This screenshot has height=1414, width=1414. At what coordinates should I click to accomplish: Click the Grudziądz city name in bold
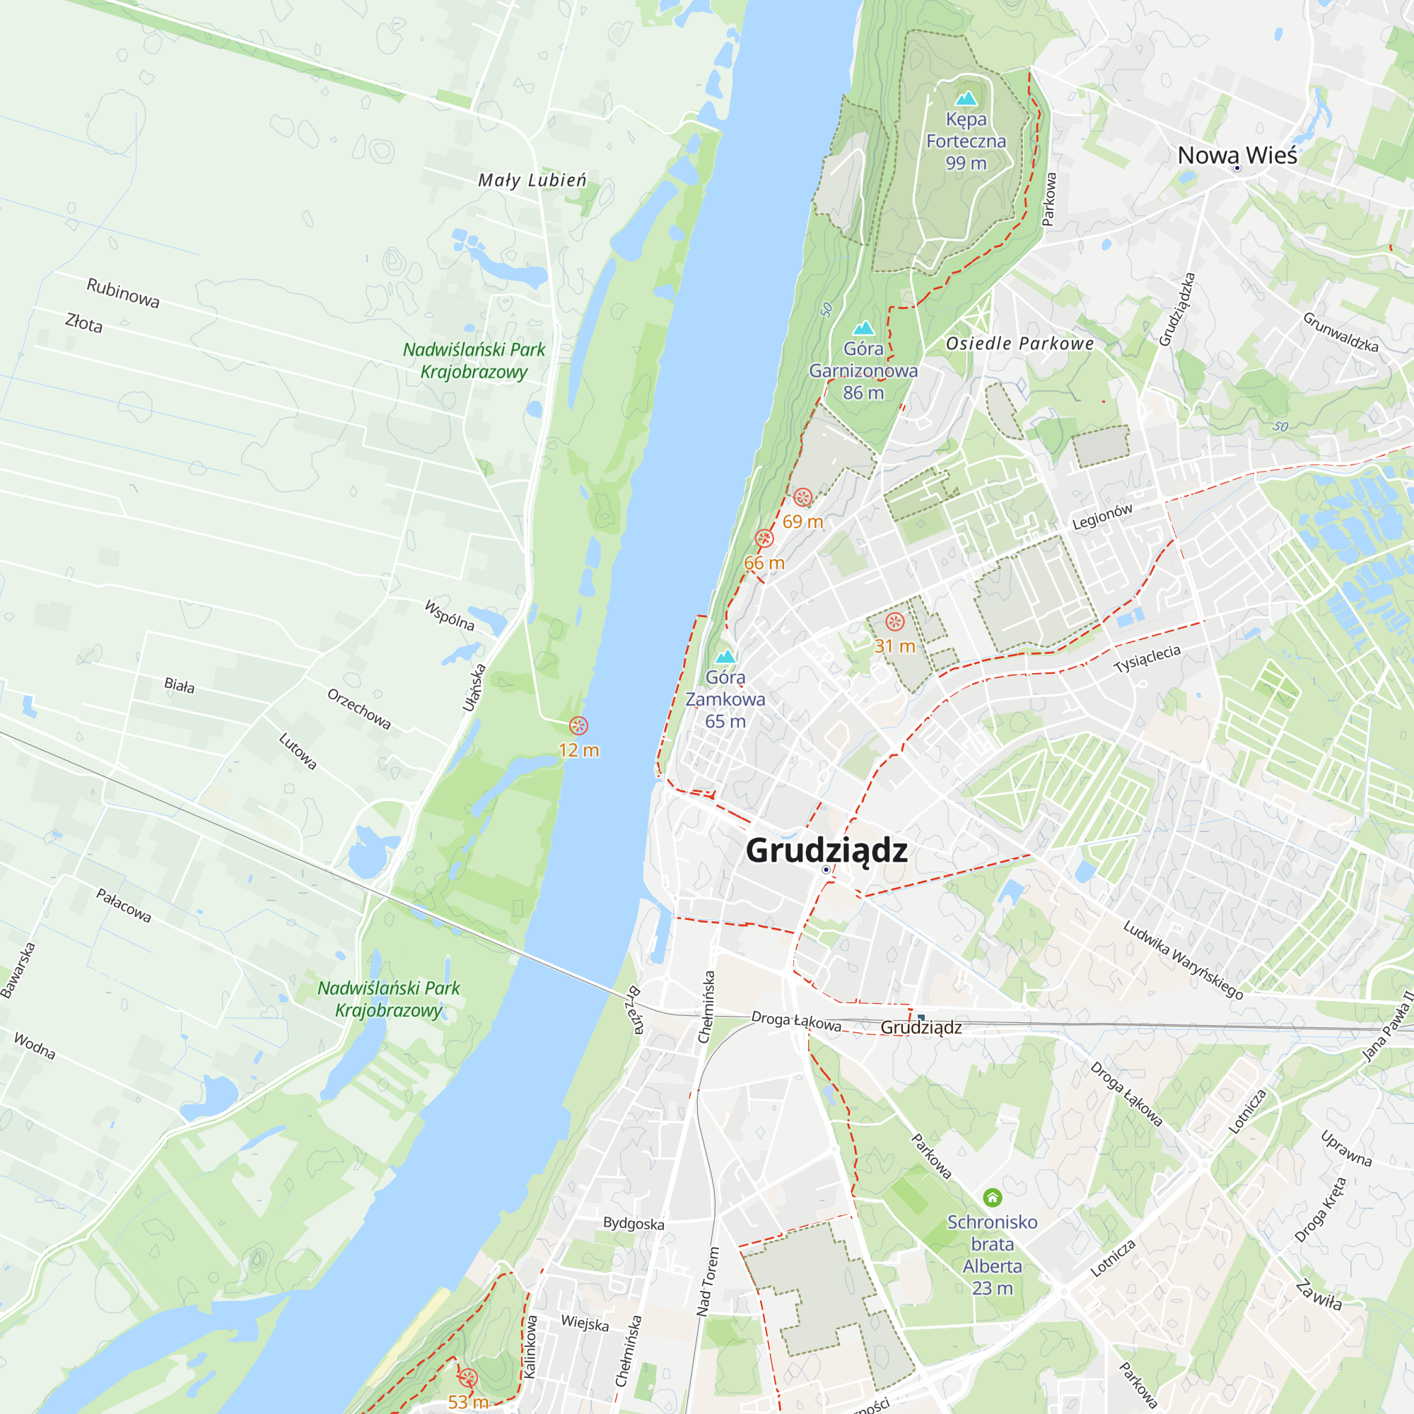826,851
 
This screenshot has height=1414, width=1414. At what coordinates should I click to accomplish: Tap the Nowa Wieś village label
1237,155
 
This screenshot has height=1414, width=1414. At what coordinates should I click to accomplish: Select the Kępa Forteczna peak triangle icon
966,98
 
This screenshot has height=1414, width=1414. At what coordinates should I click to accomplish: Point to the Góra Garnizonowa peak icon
864,328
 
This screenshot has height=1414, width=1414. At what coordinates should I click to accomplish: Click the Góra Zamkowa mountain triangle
725,657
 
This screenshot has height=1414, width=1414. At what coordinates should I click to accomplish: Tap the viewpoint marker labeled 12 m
578,726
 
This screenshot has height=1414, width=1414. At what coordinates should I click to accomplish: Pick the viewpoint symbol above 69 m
803,498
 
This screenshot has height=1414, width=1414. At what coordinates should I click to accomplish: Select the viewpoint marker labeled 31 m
894,622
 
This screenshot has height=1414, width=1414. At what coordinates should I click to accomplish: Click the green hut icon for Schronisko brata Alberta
992,1198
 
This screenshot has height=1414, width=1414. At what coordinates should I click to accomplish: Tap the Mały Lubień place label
532,180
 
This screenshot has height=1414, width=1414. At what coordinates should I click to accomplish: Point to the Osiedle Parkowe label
1019,344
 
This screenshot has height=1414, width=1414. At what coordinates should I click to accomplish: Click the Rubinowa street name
123,293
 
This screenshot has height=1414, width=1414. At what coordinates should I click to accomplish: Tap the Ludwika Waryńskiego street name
1184,959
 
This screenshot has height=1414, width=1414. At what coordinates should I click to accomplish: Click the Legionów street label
1102,518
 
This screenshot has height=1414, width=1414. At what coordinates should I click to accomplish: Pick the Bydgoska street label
633,1224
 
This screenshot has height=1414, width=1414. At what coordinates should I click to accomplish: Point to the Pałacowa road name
124,906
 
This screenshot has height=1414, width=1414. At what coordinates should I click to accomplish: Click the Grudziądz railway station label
921,1027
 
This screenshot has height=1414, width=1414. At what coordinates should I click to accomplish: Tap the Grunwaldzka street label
1340,332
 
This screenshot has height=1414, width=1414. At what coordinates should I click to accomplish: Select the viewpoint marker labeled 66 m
764,539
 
